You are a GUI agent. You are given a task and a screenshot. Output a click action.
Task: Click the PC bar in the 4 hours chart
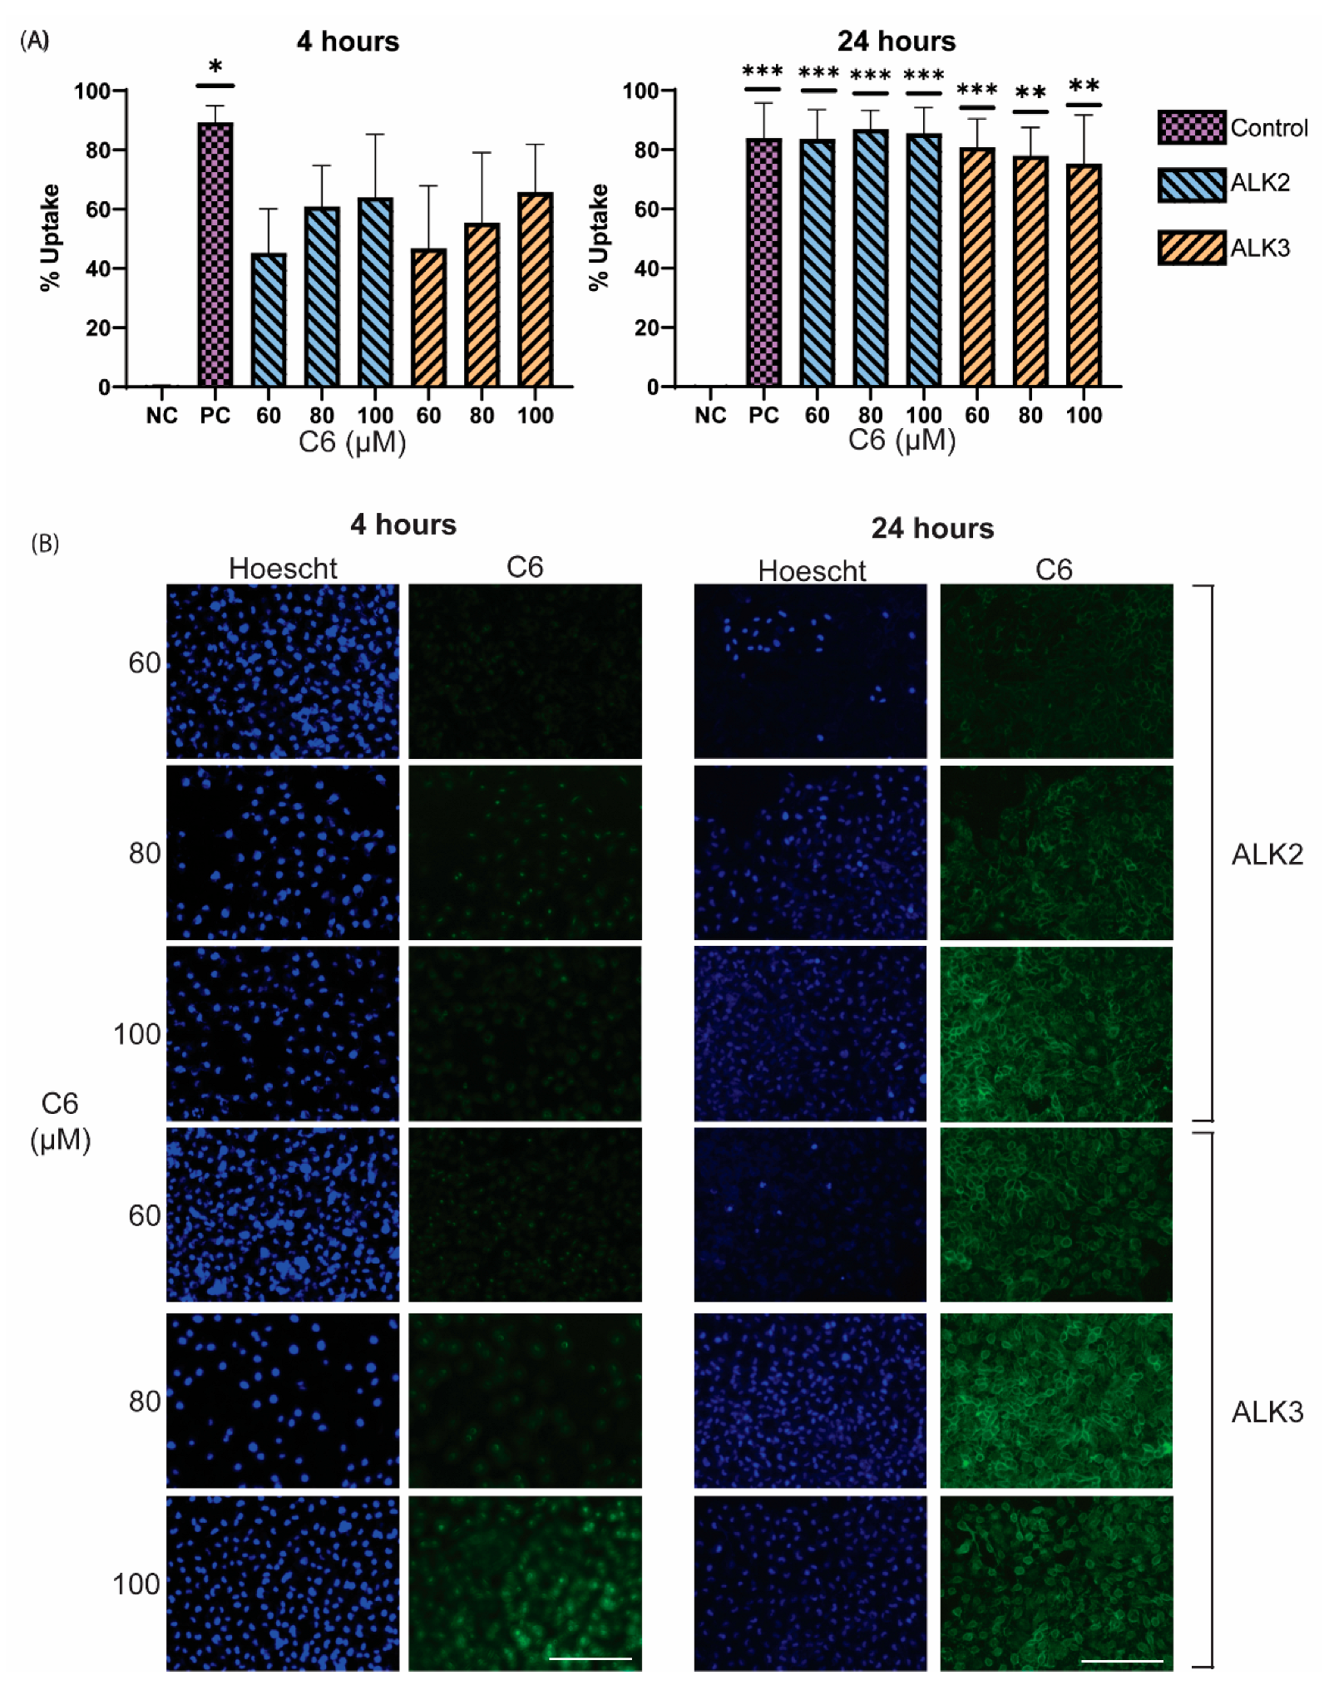[x=215, y=254]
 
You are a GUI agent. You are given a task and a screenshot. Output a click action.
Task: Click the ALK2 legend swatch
[x=1191, y=185]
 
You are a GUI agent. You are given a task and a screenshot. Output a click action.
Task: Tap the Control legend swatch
[x=1191, y=127]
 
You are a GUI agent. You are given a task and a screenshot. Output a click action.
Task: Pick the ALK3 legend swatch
[x=1191, y=248]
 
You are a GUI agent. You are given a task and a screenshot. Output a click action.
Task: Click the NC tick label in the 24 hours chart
[x=709, y=416]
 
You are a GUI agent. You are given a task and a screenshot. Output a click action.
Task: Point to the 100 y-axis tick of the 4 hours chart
[x=93, y=91]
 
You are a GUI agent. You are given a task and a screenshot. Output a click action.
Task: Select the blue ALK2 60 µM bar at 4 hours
[x=268, y=320]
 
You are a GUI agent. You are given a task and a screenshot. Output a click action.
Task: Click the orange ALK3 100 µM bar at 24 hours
[x=1083, y=274]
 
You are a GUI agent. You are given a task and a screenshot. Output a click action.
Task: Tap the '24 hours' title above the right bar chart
[x=896, y=41]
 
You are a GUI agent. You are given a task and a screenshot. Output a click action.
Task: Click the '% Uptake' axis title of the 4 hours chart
[x=50, y=238]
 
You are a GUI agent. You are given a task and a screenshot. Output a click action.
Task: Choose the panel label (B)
[x=45, y=543]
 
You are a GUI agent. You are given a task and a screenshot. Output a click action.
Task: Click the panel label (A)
[x=35, y=40]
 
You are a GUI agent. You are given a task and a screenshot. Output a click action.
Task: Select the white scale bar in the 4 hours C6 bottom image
[x=590, y=1658]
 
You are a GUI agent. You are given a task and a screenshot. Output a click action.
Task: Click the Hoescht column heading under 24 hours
[x=811, y=570]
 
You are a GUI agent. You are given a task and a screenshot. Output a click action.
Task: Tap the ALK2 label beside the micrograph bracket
[x=1267, y=854]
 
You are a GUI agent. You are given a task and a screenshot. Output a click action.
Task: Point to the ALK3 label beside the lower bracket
[x=1267, y=1412]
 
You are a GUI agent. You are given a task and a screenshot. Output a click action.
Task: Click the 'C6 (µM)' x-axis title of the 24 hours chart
[x=902, y=441]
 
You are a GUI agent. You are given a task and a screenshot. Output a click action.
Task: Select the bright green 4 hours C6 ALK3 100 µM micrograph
[x=525, y=1582]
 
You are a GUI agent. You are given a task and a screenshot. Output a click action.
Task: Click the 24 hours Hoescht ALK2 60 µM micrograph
[x=810, y=671]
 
